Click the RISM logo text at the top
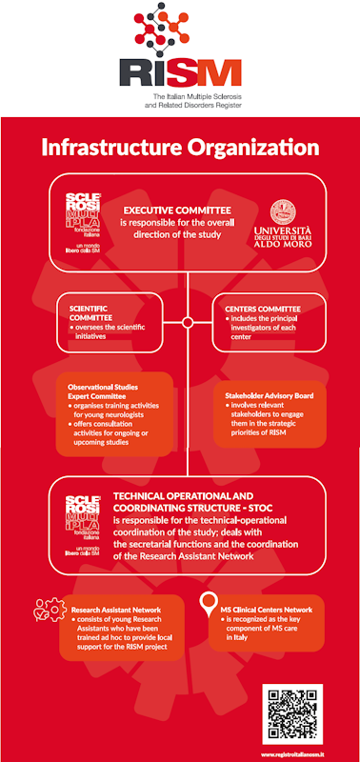tap(180, 72)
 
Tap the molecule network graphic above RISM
tap(180, 28)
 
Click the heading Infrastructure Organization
tap(180, 148)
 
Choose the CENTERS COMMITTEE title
tap(263, 309)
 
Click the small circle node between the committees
tap(188, 322)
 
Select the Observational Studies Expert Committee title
tap(105, 391)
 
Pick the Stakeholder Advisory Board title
tap(268, 394)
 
